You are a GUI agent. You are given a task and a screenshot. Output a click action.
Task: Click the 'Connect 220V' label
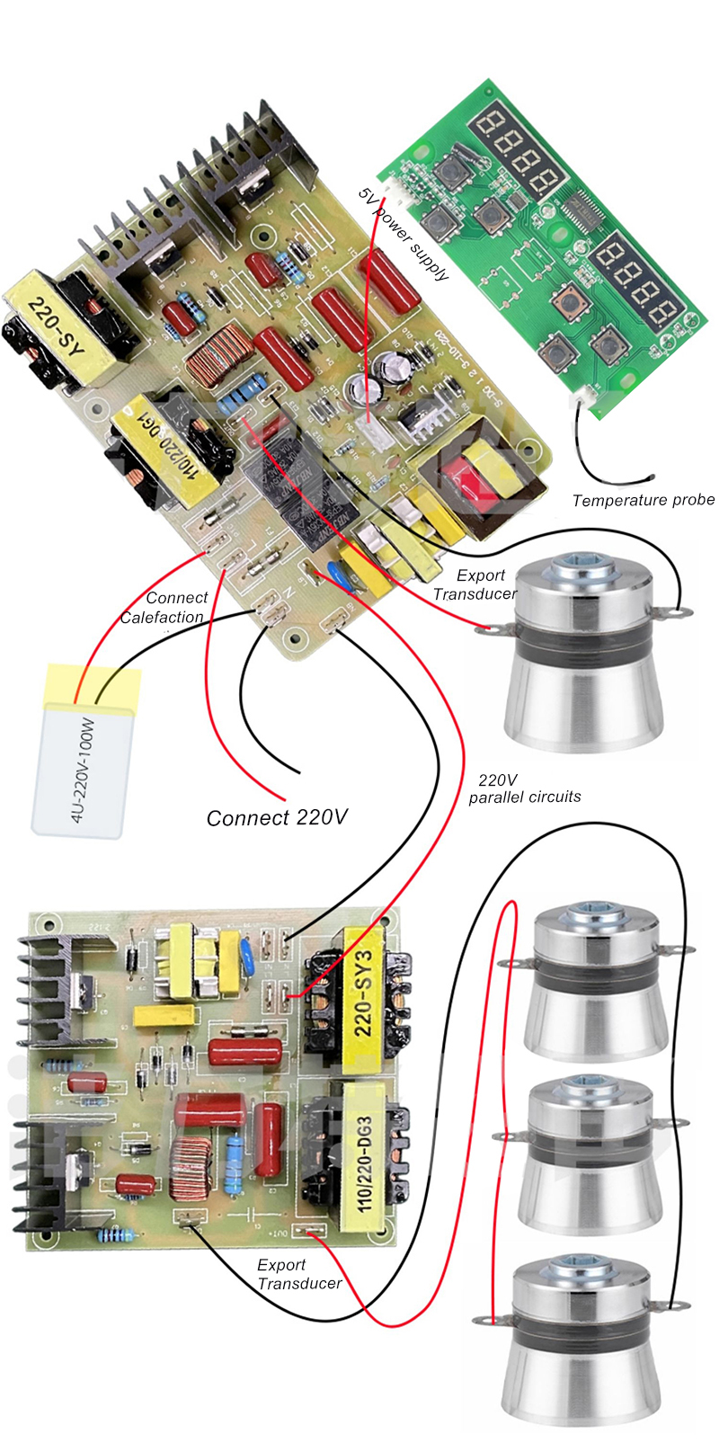276,817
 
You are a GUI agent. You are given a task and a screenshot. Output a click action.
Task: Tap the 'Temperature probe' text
644,500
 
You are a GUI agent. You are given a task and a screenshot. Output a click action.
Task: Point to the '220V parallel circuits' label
524,788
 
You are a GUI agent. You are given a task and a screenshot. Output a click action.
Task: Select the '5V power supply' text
404,234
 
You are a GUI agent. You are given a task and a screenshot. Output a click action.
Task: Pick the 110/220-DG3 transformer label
364,1154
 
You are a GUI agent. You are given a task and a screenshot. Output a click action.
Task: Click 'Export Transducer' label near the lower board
298,1274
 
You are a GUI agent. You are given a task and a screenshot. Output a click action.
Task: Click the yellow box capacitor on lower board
165,1016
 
